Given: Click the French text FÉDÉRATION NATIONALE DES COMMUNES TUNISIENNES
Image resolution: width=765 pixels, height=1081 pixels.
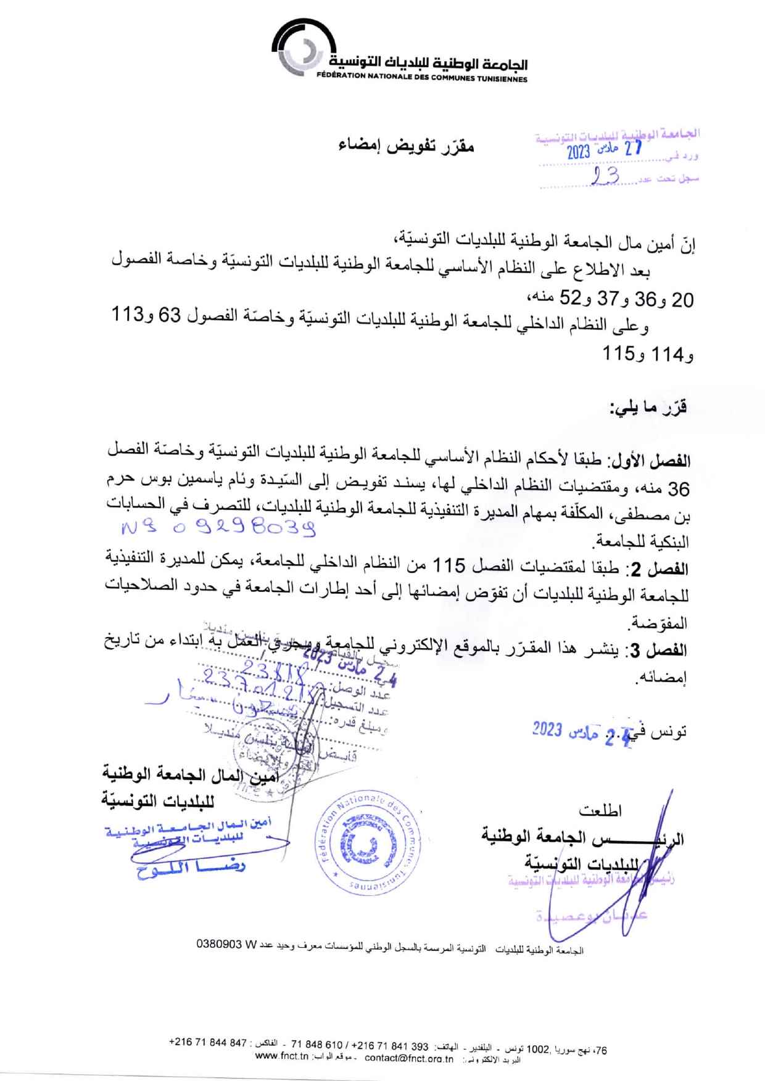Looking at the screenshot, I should tap(422, 79).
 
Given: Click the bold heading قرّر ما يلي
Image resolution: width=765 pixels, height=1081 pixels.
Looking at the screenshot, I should tap(648, 408).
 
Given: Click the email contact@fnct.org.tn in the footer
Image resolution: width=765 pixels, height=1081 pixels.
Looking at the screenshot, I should tap(409, 1059).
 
